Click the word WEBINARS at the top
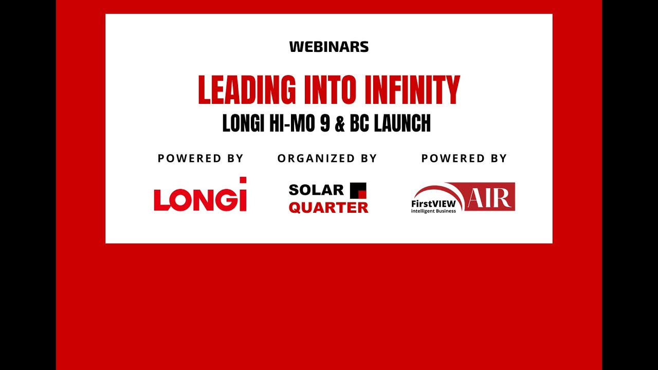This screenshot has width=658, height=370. [x=329, y=47]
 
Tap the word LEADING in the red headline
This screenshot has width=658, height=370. [x=247, y=90]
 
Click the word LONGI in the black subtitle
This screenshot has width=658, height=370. [x=243, y=124]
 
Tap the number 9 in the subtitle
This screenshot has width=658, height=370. [x=324, y=124]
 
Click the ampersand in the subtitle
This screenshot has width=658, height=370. [x=340, y=124]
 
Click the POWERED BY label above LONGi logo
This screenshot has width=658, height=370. [x=200, y=158]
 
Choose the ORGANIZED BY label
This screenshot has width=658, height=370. [x=327, y=158]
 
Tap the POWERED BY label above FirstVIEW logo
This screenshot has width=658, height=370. [x=464, y=158]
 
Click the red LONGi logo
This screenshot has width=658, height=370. [x=200, y=198]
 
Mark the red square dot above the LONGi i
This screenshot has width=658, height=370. [x=243, y=180]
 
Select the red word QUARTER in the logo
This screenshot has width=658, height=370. [x=328, y=207]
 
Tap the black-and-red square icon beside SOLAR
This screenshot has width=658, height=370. [x=358, y=190]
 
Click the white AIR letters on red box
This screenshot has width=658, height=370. [x=488, y=197]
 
